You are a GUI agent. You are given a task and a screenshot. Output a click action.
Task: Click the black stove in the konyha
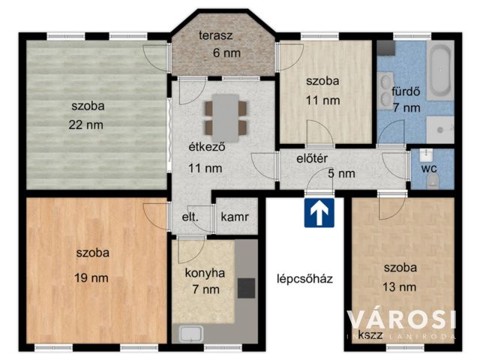tap(245, 287)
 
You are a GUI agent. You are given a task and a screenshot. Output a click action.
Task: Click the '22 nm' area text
tap(86, 124)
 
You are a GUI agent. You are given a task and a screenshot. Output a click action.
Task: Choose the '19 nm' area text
tap(91, 277)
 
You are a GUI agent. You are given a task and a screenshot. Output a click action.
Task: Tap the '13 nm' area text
tap(400, 286)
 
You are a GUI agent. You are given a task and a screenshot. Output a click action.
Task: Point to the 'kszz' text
tap(368, 334)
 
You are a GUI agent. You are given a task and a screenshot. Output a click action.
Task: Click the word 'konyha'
tap(205, 273)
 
